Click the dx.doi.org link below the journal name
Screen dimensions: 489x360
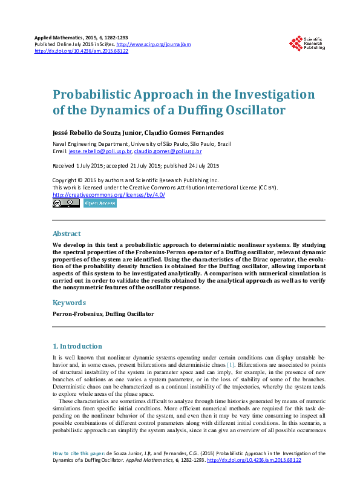[x=81, y=51]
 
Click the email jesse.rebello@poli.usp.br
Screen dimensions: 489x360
[x=100, y=151]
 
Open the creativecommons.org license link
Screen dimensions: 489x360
[x=109, y=195]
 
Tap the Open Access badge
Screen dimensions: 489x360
[x=100, y=204]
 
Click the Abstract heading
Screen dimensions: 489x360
[x=67, y=234]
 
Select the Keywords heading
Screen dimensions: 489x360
[x=68, y=302]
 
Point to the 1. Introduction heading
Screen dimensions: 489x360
[x=77, y=346]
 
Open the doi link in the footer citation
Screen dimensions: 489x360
[x=254, y=461]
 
